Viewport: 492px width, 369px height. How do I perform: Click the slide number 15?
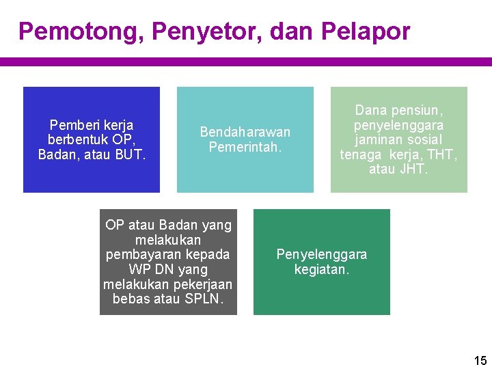coord(480,360)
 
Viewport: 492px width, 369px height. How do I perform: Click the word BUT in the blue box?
coord(130,154)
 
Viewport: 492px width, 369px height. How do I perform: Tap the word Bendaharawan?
coord(245,132)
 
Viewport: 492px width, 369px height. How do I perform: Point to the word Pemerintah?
coord(245,147)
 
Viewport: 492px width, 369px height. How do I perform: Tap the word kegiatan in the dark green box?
coord(321,269)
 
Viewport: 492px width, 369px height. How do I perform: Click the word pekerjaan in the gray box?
coord(203,284)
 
